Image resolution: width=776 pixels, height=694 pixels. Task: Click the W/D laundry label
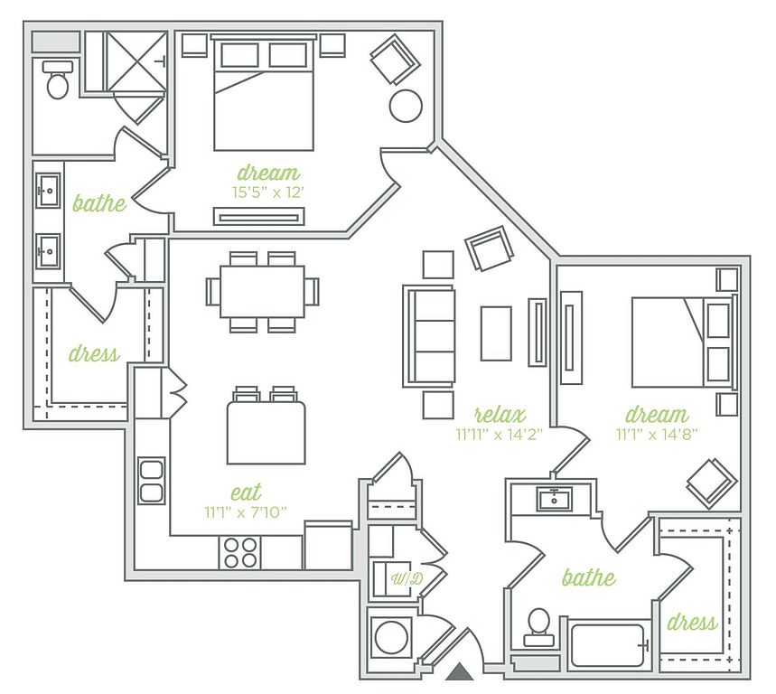[407, 578]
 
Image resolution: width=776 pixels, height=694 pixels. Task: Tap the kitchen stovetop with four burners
[240, 553]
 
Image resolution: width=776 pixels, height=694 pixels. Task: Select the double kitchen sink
[152, 481]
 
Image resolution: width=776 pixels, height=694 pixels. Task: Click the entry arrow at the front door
[460, 671]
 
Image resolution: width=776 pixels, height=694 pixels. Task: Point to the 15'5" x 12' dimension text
[267, 192]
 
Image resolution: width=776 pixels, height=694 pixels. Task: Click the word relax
[500, 414]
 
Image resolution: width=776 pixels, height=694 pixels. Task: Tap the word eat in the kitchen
[246, 492]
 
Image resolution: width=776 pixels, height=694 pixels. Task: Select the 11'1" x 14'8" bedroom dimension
[657, 435]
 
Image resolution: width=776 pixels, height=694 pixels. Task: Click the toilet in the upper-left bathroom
[58, 80]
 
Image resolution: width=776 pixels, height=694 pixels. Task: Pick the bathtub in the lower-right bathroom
[608, 644]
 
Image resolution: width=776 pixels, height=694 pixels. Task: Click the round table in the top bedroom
[406, 106]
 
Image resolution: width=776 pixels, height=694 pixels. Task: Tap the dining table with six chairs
[262, 292]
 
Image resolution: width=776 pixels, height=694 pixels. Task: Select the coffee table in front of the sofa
[496, 333]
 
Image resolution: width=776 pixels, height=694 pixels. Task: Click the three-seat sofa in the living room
[429, 336]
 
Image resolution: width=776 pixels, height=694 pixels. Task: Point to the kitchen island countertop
[266, 433]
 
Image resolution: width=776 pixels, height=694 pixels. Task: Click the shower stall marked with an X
[136, 61]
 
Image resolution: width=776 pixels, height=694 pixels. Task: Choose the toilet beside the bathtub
[538, 627]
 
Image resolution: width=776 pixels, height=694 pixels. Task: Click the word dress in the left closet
[94, 353]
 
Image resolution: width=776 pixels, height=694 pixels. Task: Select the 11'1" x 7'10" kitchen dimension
[246, 511]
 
